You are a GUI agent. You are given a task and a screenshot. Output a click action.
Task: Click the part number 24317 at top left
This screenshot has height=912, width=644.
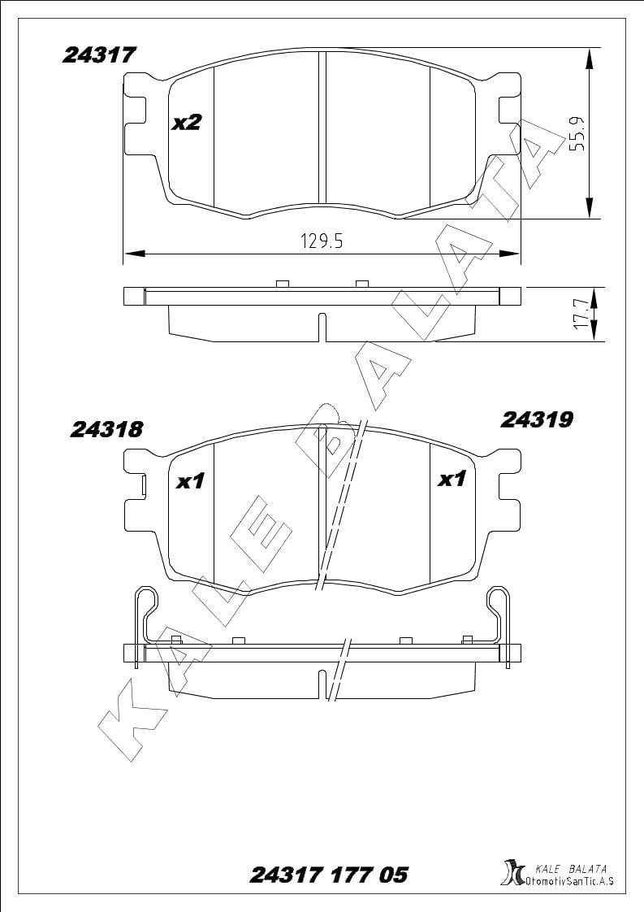(x=99, y=54)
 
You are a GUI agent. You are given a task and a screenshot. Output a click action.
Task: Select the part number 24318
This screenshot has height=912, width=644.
(x=106, y=429)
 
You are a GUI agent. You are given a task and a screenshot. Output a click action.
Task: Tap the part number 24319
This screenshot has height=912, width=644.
(x=537, y=419)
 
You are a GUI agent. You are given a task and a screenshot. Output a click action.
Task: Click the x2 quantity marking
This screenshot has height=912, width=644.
(x=187, y=123)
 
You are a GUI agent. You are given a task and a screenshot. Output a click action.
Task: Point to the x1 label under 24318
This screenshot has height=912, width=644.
(x=190, y=481)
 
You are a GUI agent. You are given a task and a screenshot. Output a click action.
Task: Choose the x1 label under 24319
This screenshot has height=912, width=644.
(x=452, y=480)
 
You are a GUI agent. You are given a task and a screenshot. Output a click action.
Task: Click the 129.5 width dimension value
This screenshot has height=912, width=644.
(x=322, y=241)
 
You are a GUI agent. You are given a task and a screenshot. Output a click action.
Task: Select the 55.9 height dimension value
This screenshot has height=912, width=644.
(x=577, y=134)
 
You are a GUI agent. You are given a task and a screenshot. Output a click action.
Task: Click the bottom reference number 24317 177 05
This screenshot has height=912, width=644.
(x=329, y=874)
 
